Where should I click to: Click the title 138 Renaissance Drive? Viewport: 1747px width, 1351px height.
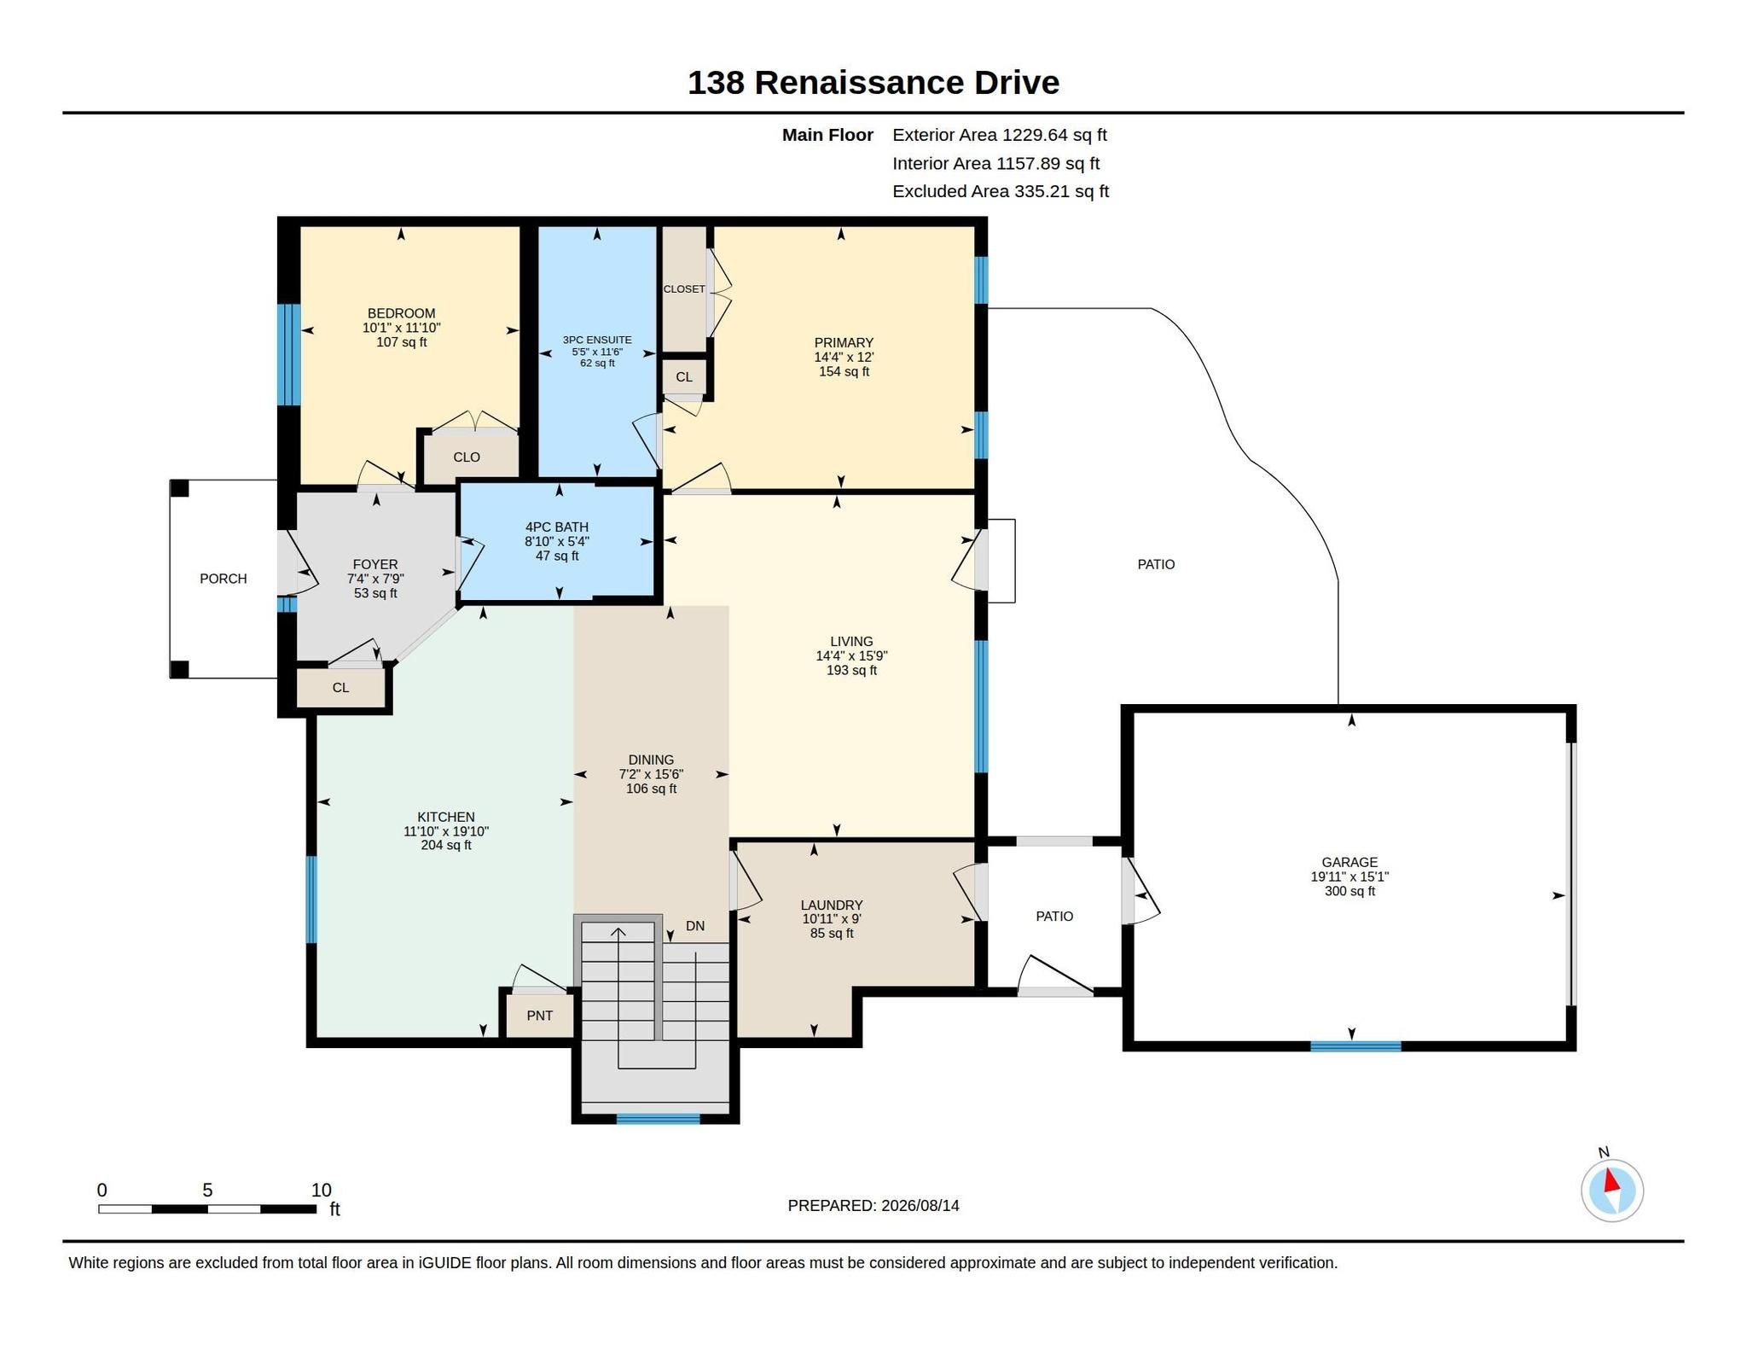tap(873, 83)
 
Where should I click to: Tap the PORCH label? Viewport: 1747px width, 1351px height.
tap(223, 579)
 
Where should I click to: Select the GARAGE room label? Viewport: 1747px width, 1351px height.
tap(1349, 862)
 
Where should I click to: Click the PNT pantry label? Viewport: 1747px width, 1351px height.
tap(540, 1016)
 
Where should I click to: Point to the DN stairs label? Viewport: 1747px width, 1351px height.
tap(695, 926)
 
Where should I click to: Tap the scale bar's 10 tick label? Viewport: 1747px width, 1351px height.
tap(321, 1191)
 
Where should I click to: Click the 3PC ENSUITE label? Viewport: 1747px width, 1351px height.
tap(597, 340)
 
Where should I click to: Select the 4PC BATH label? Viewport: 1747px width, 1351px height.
tap(557, 527)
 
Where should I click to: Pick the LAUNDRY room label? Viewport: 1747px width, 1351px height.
tap(832, 905)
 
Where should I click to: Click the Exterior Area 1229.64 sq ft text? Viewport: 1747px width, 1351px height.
tap(1000, 135)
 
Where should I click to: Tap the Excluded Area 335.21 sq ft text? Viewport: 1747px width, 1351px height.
tap(1001, 191)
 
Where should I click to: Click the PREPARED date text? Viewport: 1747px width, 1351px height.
tap(873, 1205)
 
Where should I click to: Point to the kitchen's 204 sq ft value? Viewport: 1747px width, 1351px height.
tap(446, 846)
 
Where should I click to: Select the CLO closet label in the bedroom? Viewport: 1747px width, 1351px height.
tap(467, 457)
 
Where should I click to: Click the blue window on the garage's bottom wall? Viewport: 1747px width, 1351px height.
tap(1355, 1046)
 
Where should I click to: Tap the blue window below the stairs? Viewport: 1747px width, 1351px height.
tap(658, 1119)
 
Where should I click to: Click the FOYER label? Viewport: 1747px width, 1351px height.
tap(375, 564)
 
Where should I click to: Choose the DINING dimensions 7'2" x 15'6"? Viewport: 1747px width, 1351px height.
tap(651, 774)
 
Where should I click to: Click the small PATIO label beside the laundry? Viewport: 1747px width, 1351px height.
tap(1054, 917)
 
